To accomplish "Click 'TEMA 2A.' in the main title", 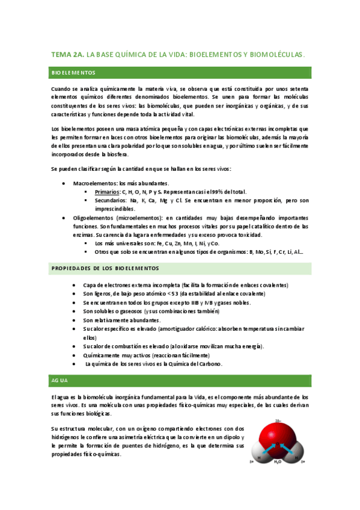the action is pos(68,55).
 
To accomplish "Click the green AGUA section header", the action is pos(180,381).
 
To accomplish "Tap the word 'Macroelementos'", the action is pos(95,183).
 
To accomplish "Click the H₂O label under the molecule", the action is pos(278,462).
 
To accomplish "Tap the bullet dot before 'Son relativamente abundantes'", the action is pos(73,320).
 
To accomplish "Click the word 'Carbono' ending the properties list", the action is pos(210,364).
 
